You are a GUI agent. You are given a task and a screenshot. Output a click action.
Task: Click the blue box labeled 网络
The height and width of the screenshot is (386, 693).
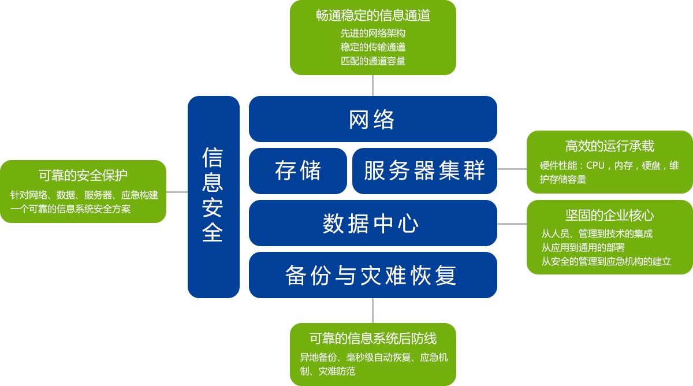372,119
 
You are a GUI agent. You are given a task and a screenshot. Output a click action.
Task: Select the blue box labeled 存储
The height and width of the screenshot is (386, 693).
298,171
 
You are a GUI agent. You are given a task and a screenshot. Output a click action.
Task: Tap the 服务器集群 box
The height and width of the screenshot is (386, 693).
424,171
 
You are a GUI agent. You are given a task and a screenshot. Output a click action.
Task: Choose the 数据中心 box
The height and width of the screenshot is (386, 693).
372,223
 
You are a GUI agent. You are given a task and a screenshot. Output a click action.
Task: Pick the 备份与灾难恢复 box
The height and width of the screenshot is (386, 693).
372,275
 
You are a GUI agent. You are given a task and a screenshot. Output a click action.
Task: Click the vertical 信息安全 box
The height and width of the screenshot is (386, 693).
213,196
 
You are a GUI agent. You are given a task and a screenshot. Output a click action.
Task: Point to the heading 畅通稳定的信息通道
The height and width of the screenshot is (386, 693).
372,16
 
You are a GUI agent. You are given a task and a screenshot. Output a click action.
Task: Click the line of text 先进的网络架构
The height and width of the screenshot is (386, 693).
372,33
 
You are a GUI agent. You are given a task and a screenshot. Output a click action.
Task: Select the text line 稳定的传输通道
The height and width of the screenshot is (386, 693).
372,47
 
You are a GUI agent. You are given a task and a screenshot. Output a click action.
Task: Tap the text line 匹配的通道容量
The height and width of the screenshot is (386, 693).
372,61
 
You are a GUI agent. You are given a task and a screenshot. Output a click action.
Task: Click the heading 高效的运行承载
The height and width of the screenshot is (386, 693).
609,146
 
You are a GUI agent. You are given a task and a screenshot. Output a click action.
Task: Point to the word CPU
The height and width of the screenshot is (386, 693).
595,165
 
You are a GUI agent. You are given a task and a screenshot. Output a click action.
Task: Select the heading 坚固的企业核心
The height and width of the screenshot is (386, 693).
609,216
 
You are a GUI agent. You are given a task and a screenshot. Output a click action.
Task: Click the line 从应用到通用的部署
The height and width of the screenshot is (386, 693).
583,247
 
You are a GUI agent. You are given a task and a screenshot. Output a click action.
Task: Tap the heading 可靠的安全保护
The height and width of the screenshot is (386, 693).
83,175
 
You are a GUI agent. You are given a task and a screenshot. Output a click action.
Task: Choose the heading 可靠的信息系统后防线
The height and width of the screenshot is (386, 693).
372,339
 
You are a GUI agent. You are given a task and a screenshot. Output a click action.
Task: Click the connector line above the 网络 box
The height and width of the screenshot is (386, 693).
372,86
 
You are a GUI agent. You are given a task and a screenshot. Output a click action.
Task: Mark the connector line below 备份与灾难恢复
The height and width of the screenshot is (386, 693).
372,310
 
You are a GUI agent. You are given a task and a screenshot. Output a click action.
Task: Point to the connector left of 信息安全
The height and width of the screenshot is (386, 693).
177,192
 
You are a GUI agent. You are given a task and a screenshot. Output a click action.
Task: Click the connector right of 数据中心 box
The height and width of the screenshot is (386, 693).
512,224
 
